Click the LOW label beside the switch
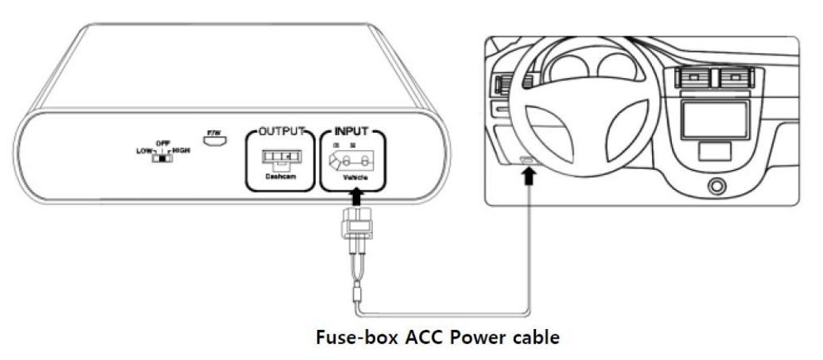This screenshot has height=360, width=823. click(146, 149)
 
